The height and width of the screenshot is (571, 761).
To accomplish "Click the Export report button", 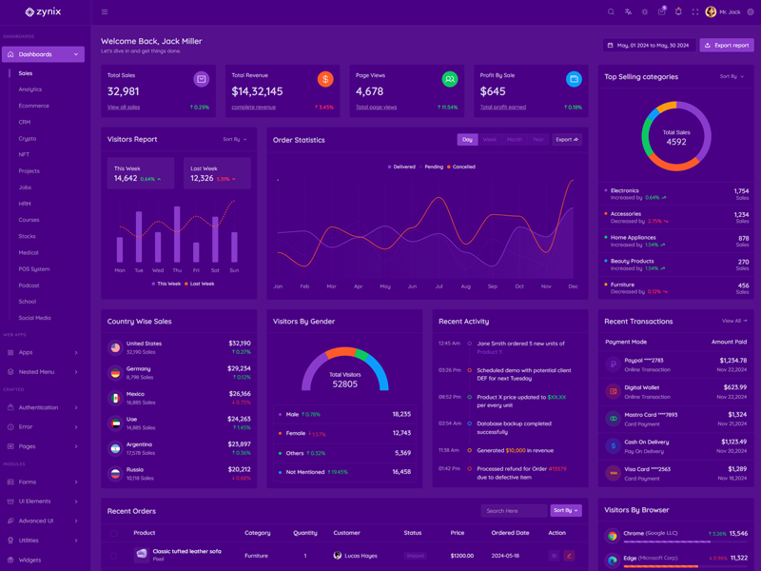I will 727,45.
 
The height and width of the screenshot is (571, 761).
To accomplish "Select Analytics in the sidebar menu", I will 30,89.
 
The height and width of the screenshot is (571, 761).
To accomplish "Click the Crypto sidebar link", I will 28,138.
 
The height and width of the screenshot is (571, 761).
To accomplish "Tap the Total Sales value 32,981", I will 124,91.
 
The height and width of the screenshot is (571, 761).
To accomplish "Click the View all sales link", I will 124,108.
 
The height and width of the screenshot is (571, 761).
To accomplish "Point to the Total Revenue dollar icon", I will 325,80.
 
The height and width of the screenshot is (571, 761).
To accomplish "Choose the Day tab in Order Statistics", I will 467,140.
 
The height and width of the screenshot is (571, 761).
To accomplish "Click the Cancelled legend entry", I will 461,167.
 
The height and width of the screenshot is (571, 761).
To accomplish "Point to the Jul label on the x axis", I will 439,285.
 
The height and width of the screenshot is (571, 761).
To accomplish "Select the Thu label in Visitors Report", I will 177,270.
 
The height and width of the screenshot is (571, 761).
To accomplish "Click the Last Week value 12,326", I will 202,178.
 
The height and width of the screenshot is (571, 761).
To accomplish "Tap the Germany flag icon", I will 115,373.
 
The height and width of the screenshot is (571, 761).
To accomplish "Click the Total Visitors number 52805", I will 344,384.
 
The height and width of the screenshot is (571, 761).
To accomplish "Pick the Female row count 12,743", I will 401,433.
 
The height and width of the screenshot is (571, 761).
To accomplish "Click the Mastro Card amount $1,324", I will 737,414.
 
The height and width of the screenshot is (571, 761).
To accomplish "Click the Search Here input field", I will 514,511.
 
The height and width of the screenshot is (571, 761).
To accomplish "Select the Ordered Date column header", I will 510,533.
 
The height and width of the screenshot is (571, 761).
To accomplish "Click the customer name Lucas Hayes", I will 361,555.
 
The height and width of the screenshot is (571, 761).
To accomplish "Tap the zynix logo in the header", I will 43,12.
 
